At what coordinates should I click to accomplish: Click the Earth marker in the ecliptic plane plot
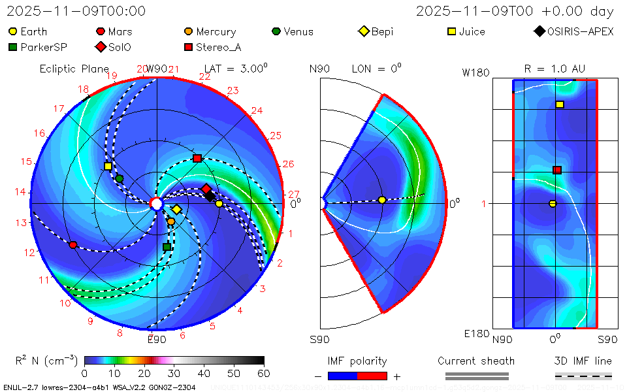[219, 204]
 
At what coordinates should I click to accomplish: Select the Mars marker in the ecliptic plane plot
[73, 245]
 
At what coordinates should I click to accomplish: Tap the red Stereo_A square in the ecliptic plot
[197, 159]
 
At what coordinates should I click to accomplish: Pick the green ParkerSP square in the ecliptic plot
[167, 247]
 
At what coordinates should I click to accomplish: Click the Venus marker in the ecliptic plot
[120, 178]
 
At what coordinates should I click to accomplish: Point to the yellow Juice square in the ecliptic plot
[108, 167]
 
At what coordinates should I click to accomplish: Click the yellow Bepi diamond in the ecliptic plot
[176, 209]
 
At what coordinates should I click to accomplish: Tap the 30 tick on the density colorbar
[174, 373]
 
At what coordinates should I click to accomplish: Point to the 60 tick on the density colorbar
[264, 373]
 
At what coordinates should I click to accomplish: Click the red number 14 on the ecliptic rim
[20, 192]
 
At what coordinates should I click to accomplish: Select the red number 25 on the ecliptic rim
[275, 135]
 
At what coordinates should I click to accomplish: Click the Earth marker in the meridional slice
[382, 200]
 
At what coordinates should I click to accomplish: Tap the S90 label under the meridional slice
[319, 339]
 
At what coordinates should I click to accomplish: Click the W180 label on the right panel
[475, 73]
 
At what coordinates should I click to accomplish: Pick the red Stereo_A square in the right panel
[557, 171]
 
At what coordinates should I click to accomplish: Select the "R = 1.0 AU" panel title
[555, 69]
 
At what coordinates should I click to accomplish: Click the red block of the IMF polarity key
[372, 376]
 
